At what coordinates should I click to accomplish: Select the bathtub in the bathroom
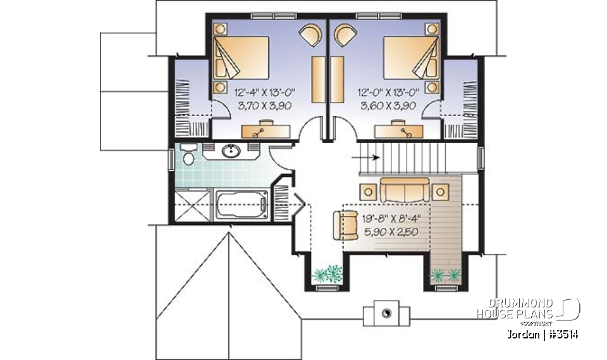point(243,206)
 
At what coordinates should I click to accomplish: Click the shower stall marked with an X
point(192,206)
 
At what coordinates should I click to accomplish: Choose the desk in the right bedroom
point(398,131)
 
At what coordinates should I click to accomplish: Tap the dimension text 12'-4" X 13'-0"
point(264,93)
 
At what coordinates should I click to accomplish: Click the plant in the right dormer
point(445,274)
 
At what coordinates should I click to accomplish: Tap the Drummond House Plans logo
point(528,308)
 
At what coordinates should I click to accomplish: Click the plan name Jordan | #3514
point(542,334)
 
